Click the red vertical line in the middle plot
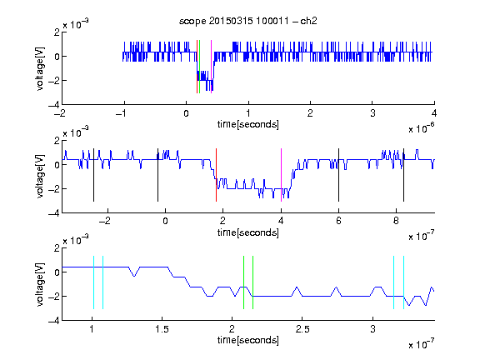tap(216, 175)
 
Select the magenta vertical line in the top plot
tap(211, 67)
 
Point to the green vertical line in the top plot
tap(200, 67)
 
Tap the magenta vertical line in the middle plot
tap(282, 175)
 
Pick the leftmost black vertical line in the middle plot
tap(93, 175)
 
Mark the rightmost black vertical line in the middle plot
tap(404, 175)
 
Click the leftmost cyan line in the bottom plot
tap(93, 282)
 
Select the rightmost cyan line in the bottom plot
tap(404, 282)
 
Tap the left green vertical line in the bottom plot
tap(243, 282)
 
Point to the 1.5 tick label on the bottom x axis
tap(162, 329)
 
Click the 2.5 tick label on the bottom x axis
tap(302, 329)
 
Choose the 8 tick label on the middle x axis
tap(396, 221)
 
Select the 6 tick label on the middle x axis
tap(338, 221)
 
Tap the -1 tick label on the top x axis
tap(122, 113)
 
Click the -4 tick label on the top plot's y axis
tap(53, 105)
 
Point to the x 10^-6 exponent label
tap(422, 128)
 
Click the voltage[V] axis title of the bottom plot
tap(40, 284)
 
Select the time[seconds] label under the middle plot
tap(248, 232)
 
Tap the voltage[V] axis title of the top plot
tap(40, 68)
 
